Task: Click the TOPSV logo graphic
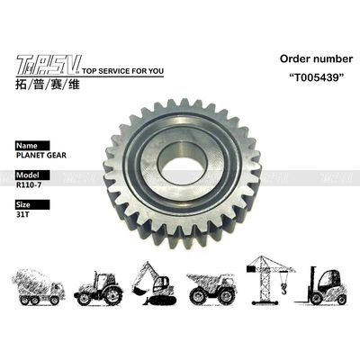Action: (49, 65)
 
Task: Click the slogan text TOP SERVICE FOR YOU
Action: (122, 71)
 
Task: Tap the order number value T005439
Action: (317, 77)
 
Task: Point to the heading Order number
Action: (316, 58)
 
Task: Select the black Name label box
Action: (32, 146)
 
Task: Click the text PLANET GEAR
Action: (41, 156)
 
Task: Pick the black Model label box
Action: (32, 175)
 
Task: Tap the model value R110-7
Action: (29, 184)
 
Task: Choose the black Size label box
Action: (32, 204)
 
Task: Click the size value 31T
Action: (22, 214)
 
